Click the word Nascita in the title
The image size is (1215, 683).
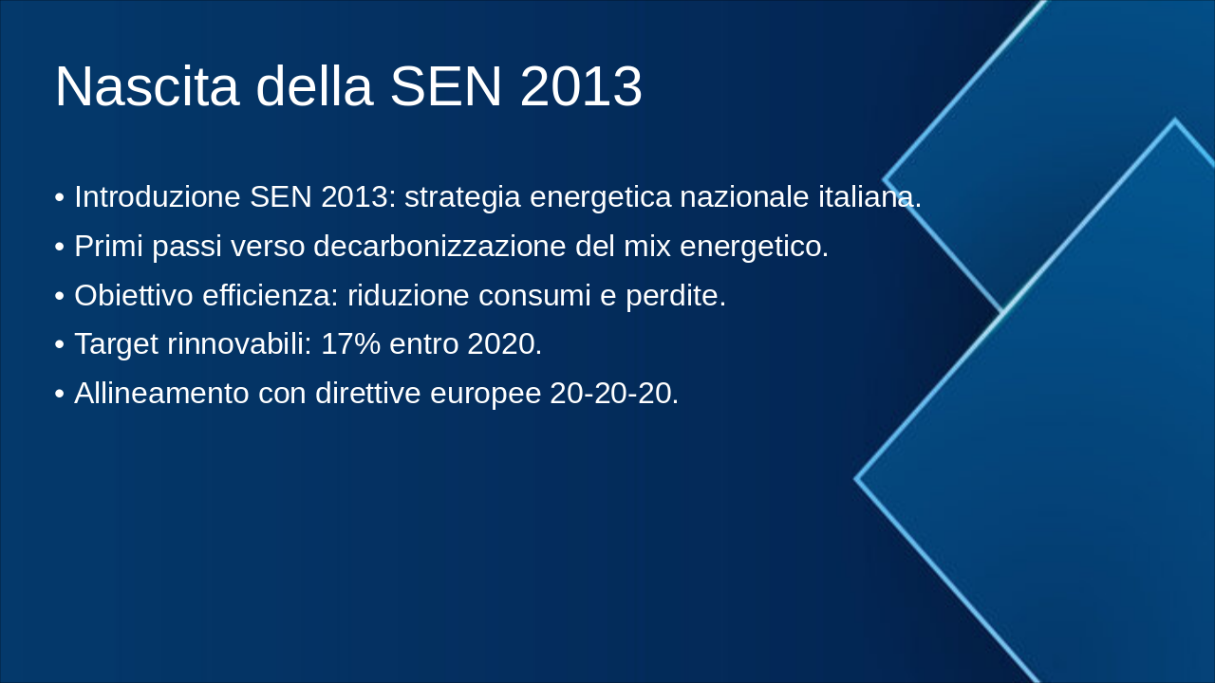(147, 86)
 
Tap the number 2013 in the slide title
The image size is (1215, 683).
(581, 86)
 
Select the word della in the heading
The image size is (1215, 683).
(314, 86)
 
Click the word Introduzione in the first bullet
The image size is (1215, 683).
(158, 196)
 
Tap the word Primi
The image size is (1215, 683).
(108, 246)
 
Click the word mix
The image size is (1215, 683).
(647, 246)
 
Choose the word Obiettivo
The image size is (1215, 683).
(134, 295)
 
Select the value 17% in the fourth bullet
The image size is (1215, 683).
(351, 343)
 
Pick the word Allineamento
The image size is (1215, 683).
(161, 393)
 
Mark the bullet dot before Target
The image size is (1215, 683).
(60, 344)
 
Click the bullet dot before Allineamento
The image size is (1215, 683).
(60, 394)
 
